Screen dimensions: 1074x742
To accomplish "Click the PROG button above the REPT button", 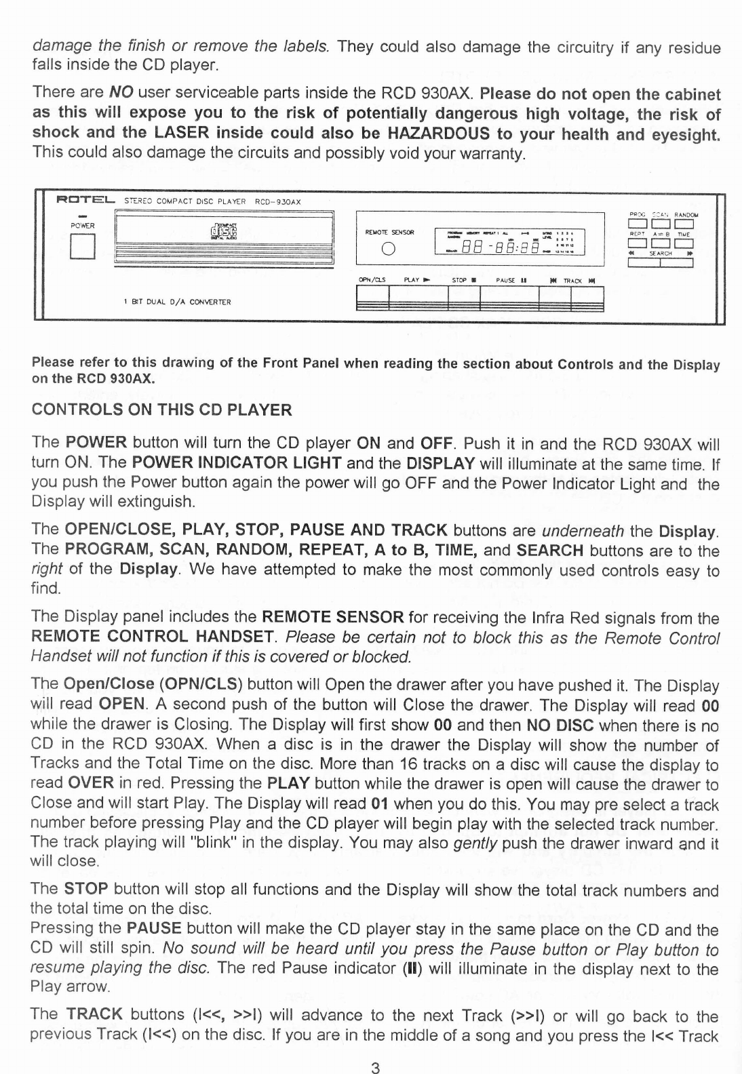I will (x=638, y=223).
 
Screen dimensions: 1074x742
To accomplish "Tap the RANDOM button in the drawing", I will (x=684, y=223).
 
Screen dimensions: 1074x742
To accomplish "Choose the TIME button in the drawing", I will (x=684, y=243).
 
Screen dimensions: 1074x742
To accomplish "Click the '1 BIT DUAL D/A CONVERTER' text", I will (x=177, y=302).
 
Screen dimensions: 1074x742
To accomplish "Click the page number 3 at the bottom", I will (x=374, y=1068).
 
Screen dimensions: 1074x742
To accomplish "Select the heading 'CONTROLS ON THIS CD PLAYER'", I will (x=162, y=410).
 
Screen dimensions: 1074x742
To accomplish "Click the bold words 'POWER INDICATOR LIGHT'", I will (x=236, y=463).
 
